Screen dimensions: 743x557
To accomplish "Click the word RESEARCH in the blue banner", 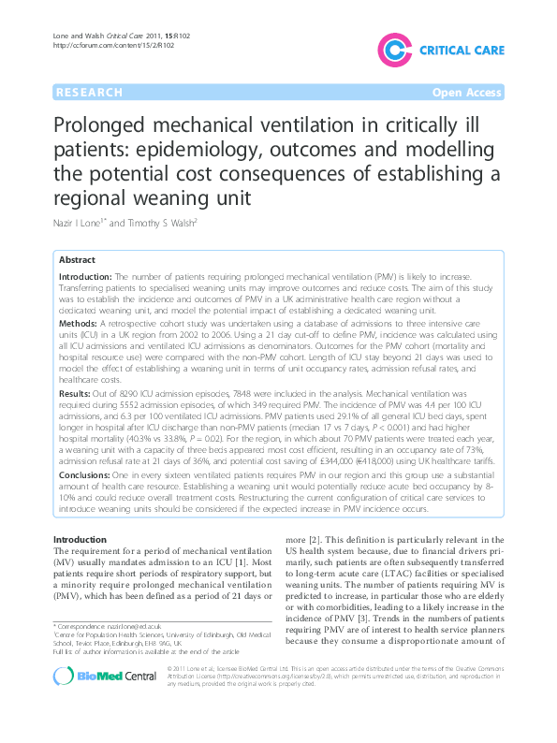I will [x=89, y=93].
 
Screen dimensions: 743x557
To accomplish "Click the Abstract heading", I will [x=77, y=260].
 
